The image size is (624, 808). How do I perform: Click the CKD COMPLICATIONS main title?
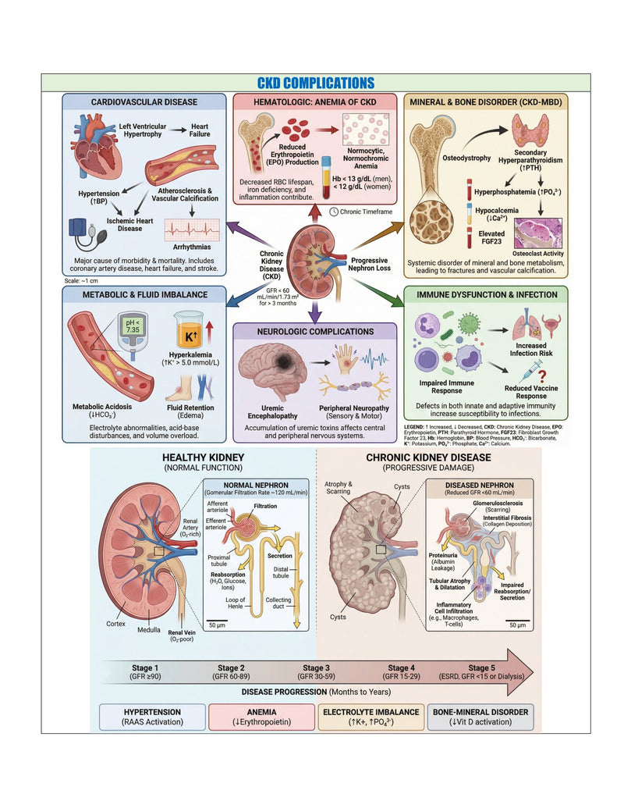click(316, 83)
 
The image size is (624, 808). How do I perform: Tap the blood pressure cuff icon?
click(87, 233)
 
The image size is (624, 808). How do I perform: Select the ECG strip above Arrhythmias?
click(192, 230)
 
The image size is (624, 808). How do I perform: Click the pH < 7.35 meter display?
click(133, 326)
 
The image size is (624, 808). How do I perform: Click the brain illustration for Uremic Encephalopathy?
click(273, 371)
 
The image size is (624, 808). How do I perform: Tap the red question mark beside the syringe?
click(541, 377)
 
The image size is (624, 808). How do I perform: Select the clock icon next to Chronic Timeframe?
click(334, 212)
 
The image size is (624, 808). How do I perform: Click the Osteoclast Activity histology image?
click(538, 233)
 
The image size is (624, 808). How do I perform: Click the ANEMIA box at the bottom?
click(261, 717)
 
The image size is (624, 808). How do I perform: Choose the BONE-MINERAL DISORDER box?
click(480, 717)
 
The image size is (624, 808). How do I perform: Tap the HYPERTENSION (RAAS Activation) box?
click(152, 717)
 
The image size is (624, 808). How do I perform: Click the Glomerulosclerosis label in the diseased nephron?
click(498, 503)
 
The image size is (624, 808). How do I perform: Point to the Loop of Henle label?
click(236, 603)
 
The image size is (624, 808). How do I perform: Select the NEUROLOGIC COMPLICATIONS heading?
click(316, 332)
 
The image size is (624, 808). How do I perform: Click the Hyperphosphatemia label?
click(517, 192)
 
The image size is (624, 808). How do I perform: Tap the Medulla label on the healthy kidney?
click(149, 630)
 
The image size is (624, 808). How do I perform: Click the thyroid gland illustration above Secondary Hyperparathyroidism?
click(530, 130)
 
